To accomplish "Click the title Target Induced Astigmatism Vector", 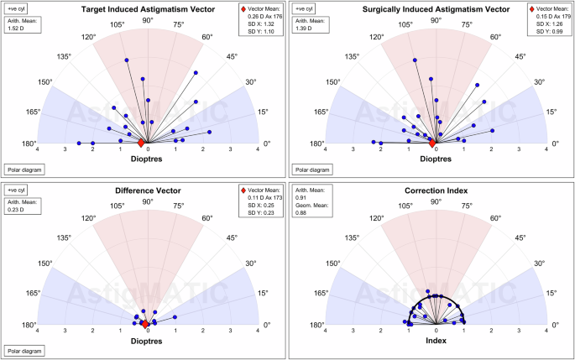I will pyautogui.click(x=148, y=8).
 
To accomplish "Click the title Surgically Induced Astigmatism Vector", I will pyautogui.click(x=435, y=8).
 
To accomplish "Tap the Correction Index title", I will pyautogui.click(x=435, y=190).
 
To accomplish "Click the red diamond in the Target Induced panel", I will pyautogui.click(x=141, y=143).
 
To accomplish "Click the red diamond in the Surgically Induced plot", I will pyautogui.click(x=431, y=143).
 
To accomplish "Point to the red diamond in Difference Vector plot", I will pyautogui.click(x=144, y=324).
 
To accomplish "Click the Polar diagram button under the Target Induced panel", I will pyautogui.click(x=24, y=169).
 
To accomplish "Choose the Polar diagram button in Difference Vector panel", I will pyautogui.click(x=24, y=351).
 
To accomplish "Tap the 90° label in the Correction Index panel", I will pyautogui.click(x=435, y=201).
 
